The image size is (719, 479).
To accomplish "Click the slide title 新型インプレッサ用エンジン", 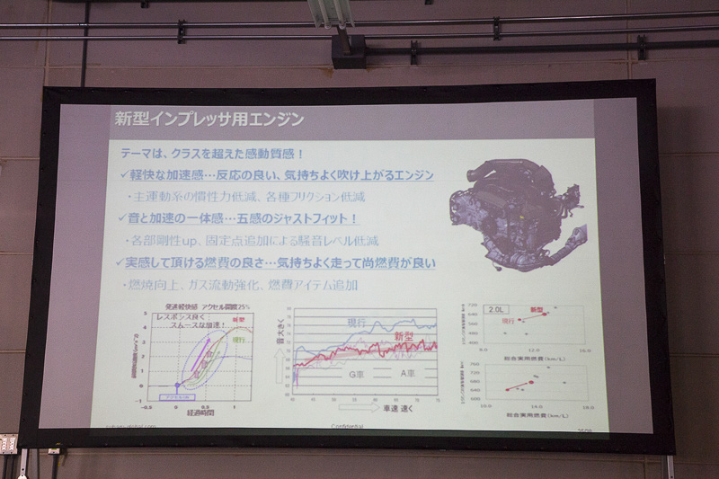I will [x=209, y=118].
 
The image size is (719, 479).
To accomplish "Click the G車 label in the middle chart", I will [x=356, y=373].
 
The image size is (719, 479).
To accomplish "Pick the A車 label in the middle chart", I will [x=410, y=373].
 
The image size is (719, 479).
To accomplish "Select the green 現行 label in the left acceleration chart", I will [x=240, y=341].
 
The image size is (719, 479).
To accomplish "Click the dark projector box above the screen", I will [x=348, y=50].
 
